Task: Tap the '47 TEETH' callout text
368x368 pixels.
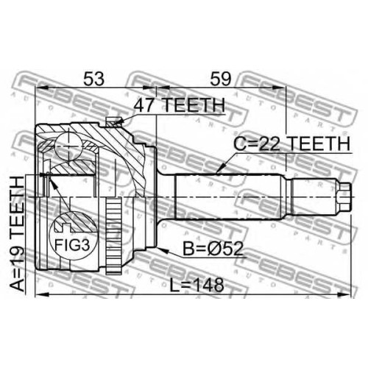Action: click(x=180, y=105)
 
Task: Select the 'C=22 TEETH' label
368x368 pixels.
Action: click(x=291, y=144)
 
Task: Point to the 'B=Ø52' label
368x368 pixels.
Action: click(x=213, y=249)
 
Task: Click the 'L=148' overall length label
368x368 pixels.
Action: click(x=197, y=285)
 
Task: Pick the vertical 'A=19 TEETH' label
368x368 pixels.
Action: click(x=18, y=233)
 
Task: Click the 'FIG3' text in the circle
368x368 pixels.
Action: click(x=72, y=245)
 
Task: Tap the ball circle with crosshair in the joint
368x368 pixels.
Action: click(x=69, y=146)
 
